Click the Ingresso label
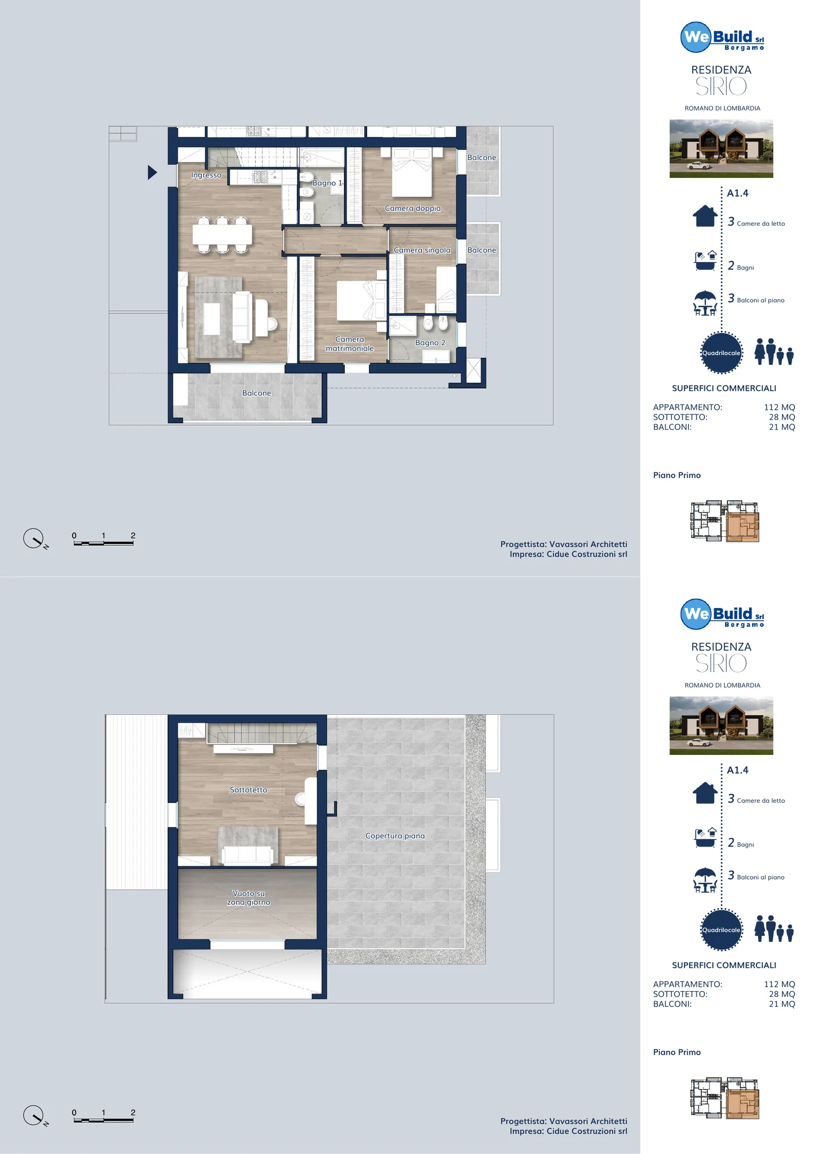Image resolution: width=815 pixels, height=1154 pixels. (206, 175)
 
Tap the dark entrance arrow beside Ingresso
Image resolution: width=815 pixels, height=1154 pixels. (152, 172)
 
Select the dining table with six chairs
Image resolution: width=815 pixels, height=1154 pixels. (222, 235)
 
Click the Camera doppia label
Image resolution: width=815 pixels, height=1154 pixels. (413, 208)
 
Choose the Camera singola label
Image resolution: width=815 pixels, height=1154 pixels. (422, 250)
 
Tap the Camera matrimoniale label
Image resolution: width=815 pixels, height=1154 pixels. (350, 344)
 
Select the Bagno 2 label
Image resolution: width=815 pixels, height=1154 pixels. (430, 343)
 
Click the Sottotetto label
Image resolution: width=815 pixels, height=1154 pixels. (249, 790)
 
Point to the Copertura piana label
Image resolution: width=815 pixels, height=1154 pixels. (395, 836)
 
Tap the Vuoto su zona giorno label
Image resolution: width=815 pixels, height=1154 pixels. (249, 898)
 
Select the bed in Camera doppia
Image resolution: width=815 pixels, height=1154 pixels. (412, 172)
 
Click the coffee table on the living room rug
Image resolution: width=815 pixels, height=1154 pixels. (212, 319)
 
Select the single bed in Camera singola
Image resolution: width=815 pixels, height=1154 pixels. (446, 290)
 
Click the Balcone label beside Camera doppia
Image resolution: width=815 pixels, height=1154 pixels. (482, 158)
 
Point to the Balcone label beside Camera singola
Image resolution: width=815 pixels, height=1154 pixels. (482, 250)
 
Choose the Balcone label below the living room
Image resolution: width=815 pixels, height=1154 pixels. (257, 394)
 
